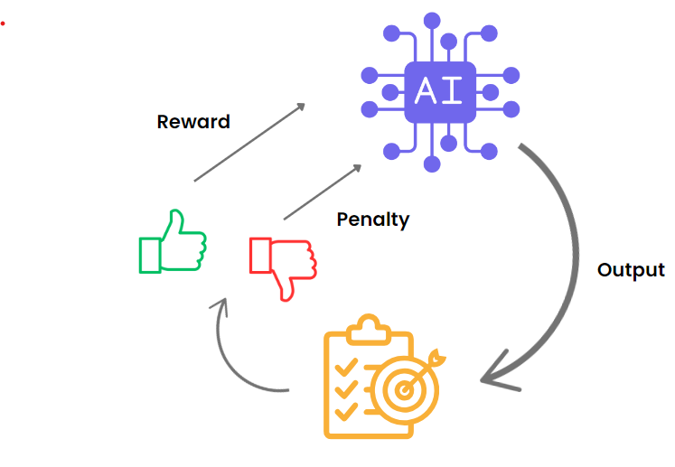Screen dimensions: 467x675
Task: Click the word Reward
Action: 193,121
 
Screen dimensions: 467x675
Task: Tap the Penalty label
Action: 372,219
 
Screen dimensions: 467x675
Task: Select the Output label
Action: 631,270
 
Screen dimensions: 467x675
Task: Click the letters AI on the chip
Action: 439,90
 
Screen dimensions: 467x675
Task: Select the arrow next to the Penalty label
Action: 323,192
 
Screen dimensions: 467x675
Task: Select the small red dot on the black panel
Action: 3,23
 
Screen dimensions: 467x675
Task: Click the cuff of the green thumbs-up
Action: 150,254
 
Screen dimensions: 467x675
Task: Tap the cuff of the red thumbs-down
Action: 259,255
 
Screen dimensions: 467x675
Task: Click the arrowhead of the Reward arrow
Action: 300,107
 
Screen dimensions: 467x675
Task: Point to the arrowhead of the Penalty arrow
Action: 357,168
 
